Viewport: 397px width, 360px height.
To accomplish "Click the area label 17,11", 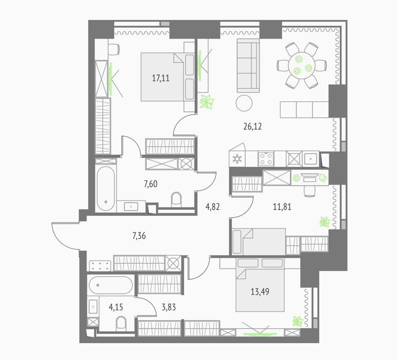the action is [161, 78].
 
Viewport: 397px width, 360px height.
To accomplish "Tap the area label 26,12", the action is [252, 127].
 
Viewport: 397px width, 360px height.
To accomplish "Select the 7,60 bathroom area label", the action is [151, 184].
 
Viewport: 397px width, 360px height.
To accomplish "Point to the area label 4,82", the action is [213, 207].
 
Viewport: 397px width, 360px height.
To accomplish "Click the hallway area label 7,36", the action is [139, 236].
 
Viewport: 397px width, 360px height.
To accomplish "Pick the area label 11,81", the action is [282, 207].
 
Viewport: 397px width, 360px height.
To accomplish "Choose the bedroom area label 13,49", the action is [260, 292].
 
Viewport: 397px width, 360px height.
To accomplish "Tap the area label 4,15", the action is [116, 307].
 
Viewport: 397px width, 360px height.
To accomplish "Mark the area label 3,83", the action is [168, 307].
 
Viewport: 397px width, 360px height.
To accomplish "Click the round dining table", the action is [302, 65].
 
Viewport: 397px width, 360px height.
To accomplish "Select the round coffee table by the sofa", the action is [244, 103].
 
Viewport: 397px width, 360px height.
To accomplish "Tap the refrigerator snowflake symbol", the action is [237, 159].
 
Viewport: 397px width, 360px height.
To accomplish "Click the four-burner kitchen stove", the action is [266, 158].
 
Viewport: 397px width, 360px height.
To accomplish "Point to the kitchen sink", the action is [310, 159].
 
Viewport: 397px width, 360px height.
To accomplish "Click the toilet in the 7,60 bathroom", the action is [177, 200].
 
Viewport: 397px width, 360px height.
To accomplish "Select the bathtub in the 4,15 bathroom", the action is [110, 285].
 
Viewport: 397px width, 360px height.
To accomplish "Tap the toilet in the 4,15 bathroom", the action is [121, 323].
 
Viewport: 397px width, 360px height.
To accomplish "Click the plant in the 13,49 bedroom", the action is [298, 321].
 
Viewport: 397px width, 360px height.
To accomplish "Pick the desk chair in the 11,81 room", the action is [309, 191].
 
